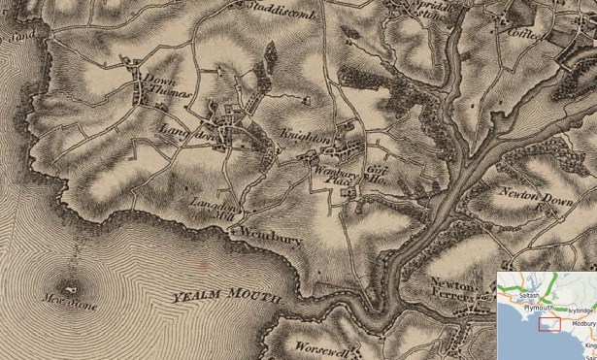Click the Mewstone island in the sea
click(x=69, y=288)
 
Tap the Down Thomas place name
click(x=161, y=89)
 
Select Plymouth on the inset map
click(x=537, y=308)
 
